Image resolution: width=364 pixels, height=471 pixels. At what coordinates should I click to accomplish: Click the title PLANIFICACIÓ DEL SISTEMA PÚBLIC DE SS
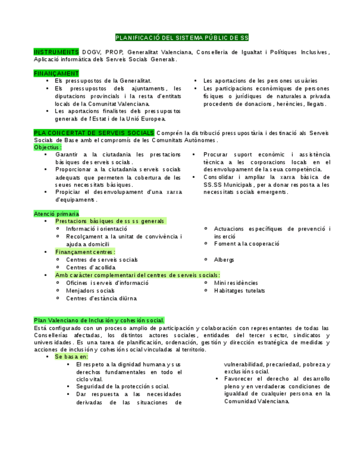(182, 38)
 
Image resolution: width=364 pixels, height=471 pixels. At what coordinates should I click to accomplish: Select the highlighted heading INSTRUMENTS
(56, 52)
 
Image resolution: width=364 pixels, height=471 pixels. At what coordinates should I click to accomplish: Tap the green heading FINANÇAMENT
(56, 73)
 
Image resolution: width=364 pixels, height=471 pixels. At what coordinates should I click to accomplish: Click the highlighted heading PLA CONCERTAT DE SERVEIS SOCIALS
(94, 133)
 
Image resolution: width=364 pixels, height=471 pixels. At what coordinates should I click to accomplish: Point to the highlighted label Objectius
(48, 147)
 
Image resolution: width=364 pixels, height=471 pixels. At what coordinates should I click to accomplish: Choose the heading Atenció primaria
(56, 214)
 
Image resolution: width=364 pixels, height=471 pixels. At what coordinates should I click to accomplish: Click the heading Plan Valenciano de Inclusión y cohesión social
(99, 320)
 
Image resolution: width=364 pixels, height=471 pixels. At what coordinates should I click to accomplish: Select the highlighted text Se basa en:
(72, 357)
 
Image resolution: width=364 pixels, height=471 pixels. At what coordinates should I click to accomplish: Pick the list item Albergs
(224, 260)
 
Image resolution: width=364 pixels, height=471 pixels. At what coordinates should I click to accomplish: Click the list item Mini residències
(236, 283)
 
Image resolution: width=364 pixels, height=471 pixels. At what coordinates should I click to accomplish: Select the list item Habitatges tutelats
(240, 290)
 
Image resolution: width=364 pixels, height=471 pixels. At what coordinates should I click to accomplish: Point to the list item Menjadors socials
(90, 290)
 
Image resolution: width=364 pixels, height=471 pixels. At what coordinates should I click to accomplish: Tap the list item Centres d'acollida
(91, 268)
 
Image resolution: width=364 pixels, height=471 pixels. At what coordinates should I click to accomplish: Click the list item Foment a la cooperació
(247, 244)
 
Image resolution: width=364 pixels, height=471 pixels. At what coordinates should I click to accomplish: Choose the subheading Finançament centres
(85, 252)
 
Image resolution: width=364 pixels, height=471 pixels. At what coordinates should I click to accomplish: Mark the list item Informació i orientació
(96, 229)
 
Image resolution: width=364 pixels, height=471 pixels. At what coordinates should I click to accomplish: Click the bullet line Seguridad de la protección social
(123, 387)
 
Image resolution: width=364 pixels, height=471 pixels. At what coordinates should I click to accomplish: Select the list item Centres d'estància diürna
(101, 298)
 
